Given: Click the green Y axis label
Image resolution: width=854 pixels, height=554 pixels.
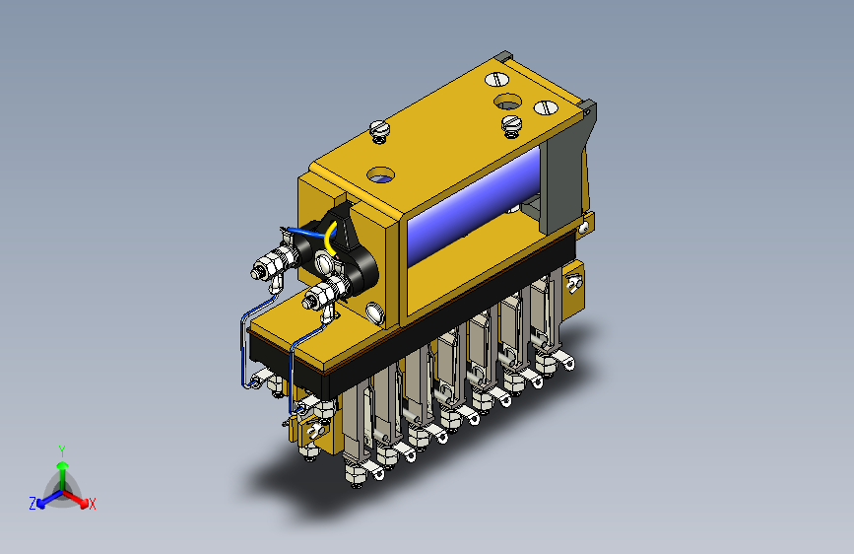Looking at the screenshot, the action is pyautogui.click(x=62, y=450).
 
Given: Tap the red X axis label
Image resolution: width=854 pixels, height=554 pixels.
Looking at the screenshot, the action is pyautogui.click(x=92, y=504).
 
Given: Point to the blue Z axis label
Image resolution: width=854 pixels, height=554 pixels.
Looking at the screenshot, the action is pyautogui.click(x=33, y=504).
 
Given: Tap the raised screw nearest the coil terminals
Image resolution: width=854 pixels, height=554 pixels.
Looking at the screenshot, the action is pyautogui.click(x=379, y=131).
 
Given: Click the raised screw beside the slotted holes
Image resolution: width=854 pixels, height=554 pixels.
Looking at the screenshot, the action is pyautogui.click(x=511, y=126).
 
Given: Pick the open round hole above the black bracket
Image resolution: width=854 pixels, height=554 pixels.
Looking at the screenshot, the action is pyautogui.click(x=381, y=175).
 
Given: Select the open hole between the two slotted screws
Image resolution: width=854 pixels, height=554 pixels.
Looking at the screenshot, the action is pyautogui.click(x=507, y=102).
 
